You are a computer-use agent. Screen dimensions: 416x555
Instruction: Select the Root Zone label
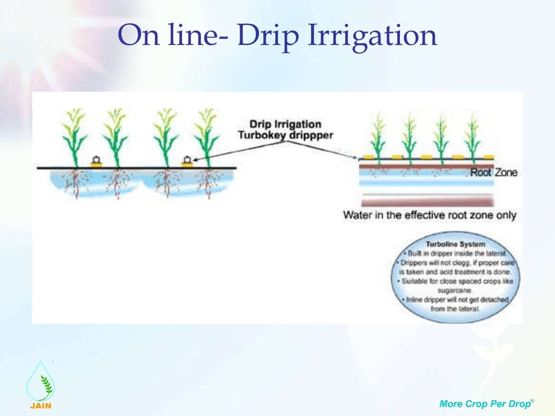pos(493,173)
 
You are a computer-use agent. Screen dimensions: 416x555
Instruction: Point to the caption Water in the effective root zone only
pos(429,215)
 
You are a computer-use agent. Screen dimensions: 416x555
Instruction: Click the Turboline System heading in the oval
pos(455,244)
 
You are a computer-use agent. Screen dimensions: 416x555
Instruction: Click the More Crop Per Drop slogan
pos(486,403)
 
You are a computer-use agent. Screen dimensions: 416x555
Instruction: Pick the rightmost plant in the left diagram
pos(206,138)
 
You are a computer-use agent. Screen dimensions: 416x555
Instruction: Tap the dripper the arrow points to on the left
pos(187,161)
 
